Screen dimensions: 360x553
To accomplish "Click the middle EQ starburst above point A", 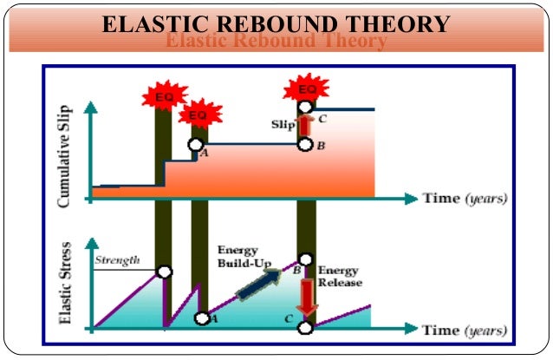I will tap(197, 114).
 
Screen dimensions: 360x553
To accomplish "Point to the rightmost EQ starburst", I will tap(305, 89).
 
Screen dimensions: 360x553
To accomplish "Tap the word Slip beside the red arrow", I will tap(284, 125).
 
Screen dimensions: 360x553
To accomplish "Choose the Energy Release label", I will tap(340, 276).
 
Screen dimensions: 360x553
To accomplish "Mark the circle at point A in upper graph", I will tap(195, 145).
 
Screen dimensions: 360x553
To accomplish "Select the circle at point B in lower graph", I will tap(304, 259).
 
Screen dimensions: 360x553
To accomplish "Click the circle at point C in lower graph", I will tap(304, 327).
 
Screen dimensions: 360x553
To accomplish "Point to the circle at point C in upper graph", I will tap(304, 108).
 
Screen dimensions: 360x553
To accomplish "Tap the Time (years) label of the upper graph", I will tap(465, 198).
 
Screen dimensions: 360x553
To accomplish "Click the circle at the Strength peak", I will tap(164, 272).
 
